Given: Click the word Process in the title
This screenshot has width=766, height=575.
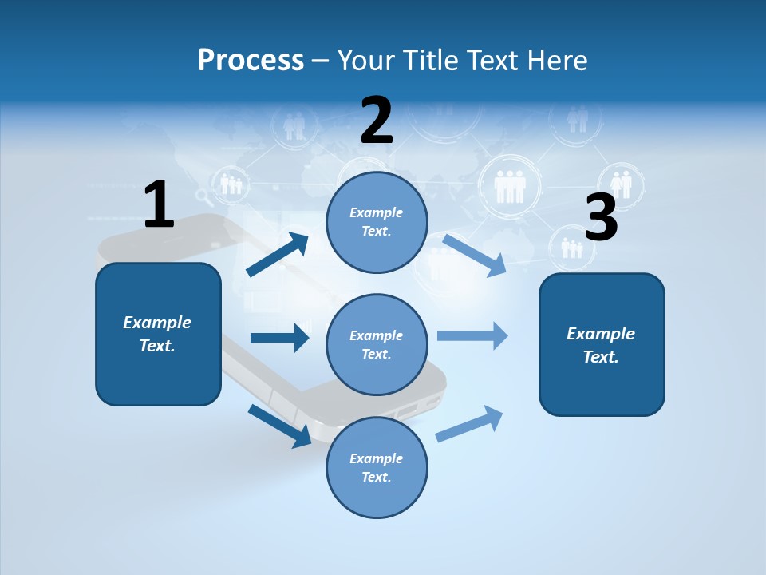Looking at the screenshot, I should pyautogui.click(x=251, y=60).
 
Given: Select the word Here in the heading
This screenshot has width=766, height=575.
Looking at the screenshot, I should pyautogui.click(x=555, y=60).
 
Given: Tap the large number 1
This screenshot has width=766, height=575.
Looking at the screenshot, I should pyautogui.click(x=159, y=204).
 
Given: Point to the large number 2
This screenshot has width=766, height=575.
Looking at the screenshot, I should pyautogui.click(x=377, y=121).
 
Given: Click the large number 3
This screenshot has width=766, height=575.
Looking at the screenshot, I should pyautogui.click(x=601, y=217).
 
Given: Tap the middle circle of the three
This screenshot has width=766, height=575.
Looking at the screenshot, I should pyautogui.click(x=377, y=344).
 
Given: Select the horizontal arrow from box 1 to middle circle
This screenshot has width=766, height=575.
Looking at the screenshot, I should pyautogui.click(x=279, y=338).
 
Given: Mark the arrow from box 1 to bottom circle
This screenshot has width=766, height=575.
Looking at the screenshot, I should pyautogui.click(x=279, y=425).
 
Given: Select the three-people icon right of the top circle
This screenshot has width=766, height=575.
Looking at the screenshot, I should pyautogui.click(x=508, y=186).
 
